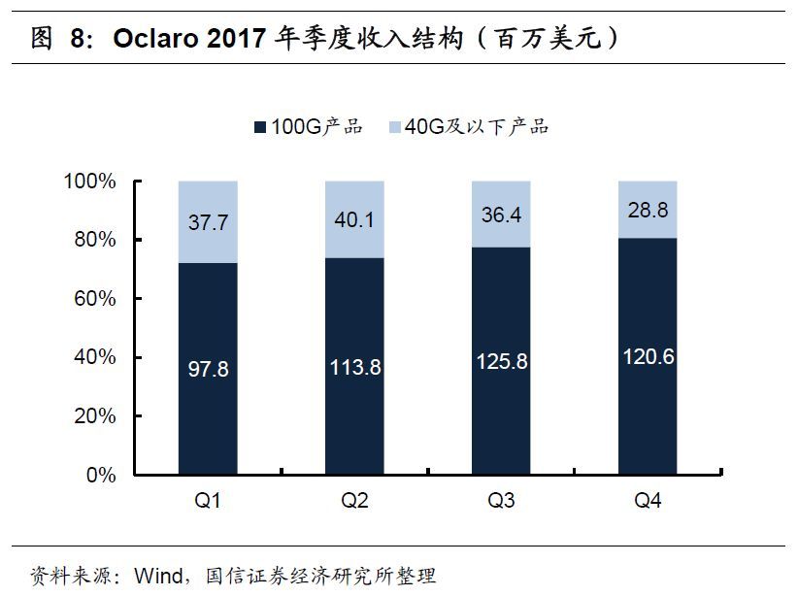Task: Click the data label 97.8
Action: point(209,369)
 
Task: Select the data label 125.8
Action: point(501,361)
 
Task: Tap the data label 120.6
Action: point(648,356)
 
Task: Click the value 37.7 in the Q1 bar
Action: point(209,222)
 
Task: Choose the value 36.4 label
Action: point(501,215)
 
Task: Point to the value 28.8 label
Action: point(648,209)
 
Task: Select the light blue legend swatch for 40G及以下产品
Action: point(394,127)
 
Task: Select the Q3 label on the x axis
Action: point(501,502)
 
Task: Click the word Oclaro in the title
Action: point(153,39)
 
